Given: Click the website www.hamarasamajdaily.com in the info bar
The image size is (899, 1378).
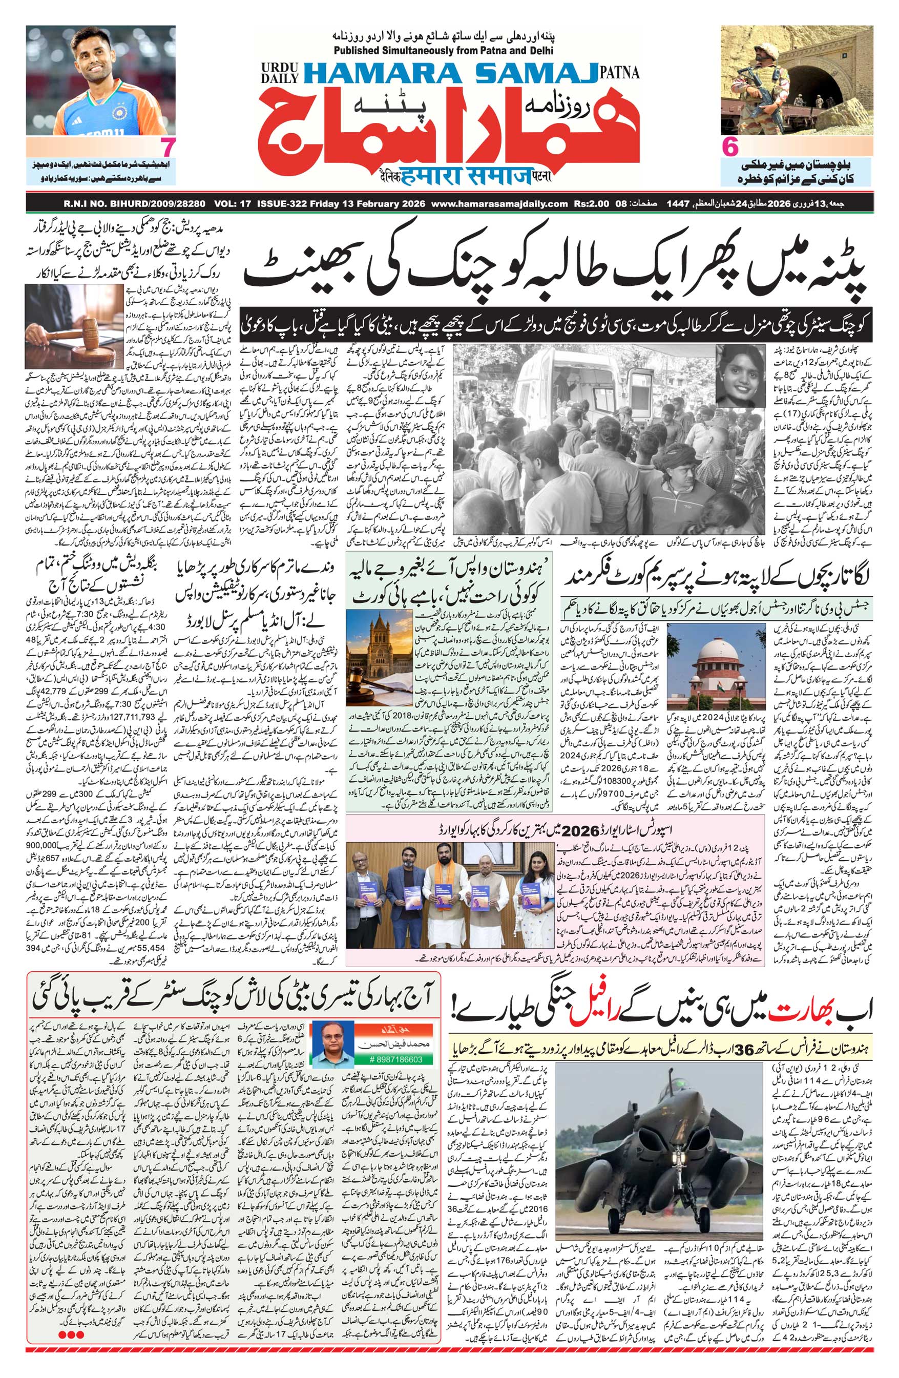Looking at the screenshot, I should click(x=499, y=204).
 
